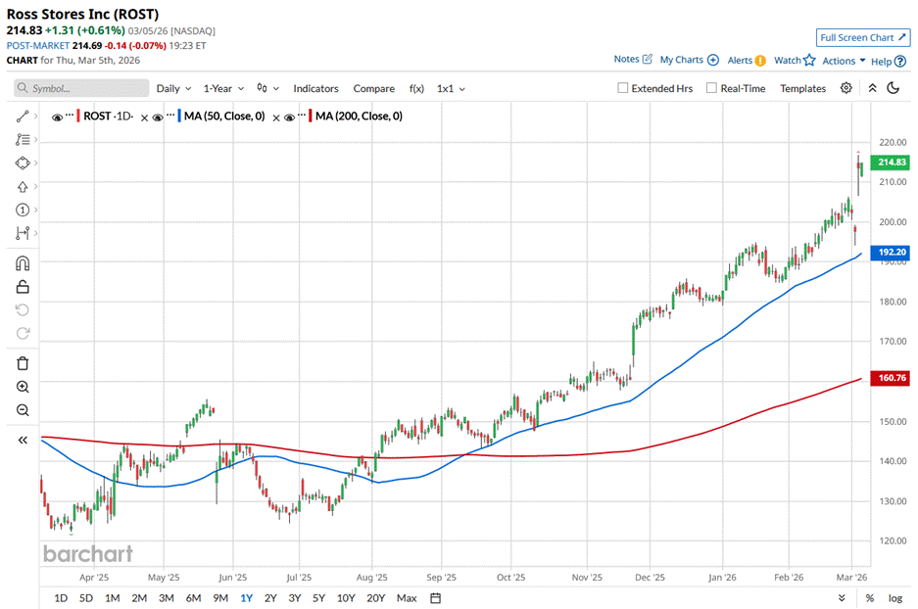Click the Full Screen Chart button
point(863,37)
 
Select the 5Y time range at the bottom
point(318,598)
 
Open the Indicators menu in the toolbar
point(315,88)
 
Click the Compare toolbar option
point(373,88)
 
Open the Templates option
point(802,88)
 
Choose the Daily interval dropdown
point(173,88)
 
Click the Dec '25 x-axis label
point(651,578)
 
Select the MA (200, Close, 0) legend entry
point(359,117)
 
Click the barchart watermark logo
point(88,553)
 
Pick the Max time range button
point(407,598)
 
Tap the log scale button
point(894,598)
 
